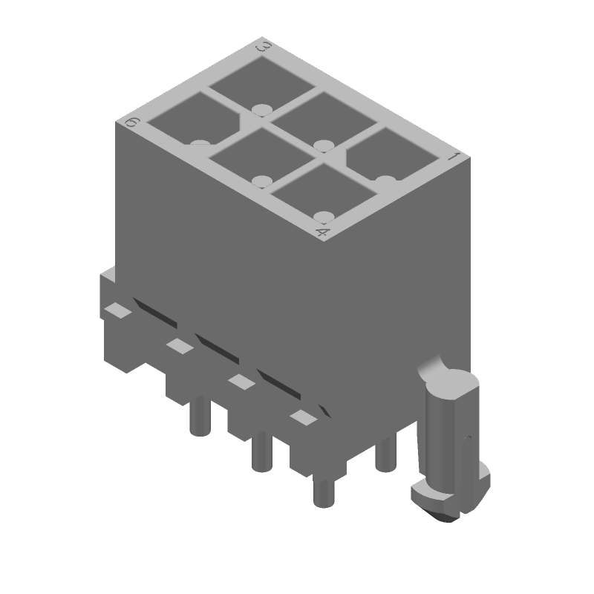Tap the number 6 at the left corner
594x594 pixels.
click(x=132, y=123)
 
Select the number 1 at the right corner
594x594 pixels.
click(x=450, y=157)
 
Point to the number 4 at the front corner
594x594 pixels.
click(x=322, y=233)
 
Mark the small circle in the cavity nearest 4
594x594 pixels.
click(x=322, y=217)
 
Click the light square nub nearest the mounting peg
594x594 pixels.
click(x=302, y=417)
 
